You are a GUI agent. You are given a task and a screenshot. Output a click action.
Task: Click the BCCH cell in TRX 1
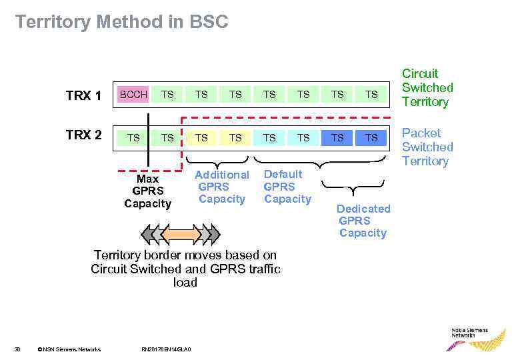point(133,95)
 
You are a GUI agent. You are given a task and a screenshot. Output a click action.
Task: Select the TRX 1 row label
point(83,96)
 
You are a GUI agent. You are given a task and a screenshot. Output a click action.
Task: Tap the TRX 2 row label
point(83,135)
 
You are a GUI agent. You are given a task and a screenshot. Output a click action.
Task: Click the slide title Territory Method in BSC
point(121,22)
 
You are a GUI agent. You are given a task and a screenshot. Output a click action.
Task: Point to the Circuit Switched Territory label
point(427,87)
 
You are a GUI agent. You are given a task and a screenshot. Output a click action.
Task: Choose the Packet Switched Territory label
point(427,147)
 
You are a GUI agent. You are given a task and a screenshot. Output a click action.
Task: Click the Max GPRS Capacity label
point(147,191)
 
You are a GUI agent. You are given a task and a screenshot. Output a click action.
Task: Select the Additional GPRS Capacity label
point(221,187)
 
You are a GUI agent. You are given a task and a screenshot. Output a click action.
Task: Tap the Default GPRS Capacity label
point(287,187)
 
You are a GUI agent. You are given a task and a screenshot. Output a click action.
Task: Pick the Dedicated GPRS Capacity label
point(363,221)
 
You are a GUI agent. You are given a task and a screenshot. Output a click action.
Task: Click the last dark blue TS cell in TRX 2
point(371,137)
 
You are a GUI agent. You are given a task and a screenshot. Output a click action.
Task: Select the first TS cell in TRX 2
point(133,137)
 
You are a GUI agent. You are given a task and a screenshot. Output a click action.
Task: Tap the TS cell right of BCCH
point(167,95)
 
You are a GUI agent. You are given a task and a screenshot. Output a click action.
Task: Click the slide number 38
point(18,349)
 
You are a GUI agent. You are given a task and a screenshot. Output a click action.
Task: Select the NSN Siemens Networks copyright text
point(69,349)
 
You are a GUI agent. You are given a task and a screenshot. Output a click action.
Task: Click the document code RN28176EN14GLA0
point(167,349)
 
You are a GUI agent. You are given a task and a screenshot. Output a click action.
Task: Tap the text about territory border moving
point(185,269)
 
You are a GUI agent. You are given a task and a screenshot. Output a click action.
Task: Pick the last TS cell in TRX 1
point(371,95)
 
